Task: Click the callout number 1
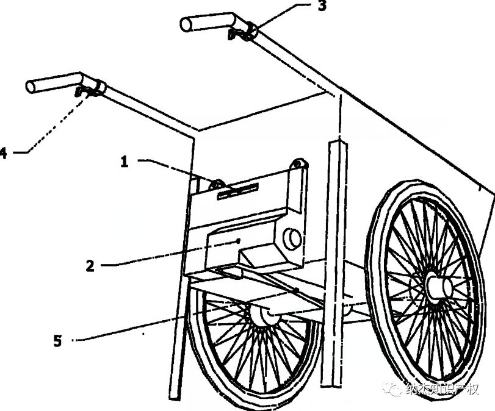point(125,162)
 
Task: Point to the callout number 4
point(4,153)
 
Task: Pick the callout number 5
point(57,341)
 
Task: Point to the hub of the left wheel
point(262,315)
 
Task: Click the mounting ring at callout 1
point(215,184)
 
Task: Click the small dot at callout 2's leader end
point(239,241)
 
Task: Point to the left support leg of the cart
point(178,335)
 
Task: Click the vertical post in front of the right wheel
point(333,262)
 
